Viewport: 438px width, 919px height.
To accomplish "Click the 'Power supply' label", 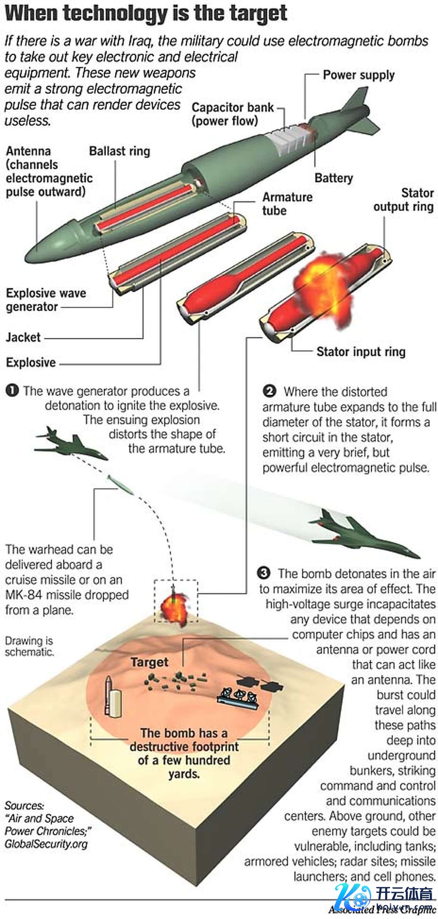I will (x=358, y=75).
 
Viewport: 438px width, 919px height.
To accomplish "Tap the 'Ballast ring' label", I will (x=119, y=151).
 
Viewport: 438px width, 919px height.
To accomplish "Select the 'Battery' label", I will (x=334, y=178).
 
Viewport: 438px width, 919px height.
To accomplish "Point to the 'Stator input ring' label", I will (x=361, y=352).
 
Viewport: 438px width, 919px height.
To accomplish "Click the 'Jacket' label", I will (x=23, y=337).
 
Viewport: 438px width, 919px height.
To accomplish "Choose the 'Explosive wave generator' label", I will (x=46, y=300).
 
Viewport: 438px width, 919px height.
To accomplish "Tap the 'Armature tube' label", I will (x=287, y=204).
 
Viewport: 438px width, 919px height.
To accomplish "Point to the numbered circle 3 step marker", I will (x=264, y=573).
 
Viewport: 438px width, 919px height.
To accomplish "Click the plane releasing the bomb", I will (x=71, y=443).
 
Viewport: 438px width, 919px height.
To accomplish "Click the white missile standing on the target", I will (x=108, y=694).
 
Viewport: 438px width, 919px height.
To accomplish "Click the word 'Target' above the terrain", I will (x=150, y=662).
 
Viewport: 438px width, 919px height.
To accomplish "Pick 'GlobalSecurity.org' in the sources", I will (x=46, y=844).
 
